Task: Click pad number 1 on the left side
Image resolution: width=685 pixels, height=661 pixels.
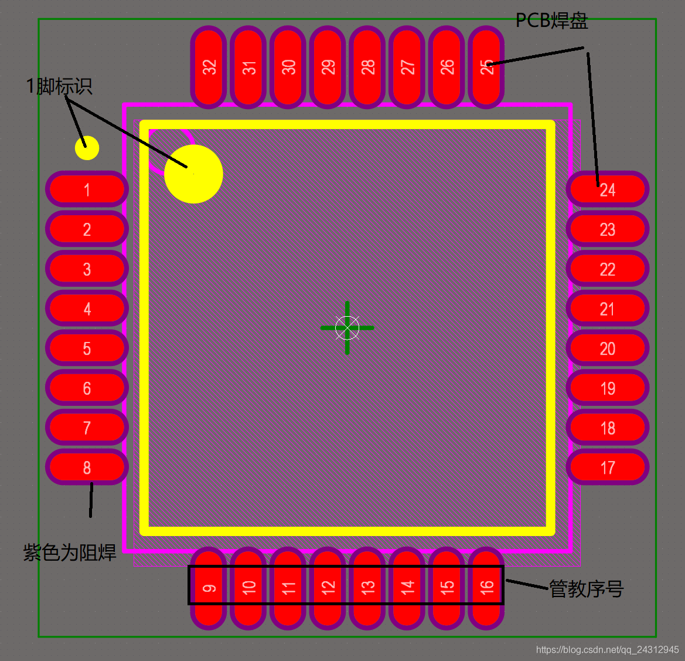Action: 87,189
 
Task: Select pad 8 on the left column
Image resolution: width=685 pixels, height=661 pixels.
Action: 87,467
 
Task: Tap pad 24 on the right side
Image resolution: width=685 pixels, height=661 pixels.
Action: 608,189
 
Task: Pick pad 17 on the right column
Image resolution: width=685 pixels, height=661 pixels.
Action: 608,467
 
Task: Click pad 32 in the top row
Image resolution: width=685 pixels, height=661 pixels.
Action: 209,67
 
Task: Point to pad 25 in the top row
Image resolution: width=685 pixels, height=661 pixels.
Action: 486,67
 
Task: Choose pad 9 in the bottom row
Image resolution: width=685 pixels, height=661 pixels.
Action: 209,588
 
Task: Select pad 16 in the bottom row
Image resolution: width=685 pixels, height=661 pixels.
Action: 486,588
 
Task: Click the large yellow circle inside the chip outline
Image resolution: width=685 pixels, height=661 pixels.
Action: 193,174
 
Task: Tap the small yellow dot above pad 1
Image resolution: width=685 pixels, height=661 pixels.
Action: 87,148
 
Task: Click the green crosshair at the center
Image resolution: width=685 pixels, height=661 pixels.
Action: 347,328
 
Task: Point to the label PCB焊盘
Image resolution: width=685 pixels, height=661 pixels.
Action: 551,21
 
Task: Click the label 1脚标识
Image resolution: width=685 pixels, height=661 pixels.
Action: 59,86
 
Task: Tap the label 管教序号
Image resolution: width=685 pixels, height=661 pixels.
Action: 586,588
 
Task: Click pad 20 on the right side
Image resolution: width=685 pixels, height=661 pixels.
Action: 608,348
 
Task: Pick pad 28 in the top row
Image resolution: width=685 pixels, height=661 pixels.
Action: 367,67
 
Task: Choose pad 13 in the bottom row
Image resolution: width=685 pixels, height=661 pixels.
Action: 367,588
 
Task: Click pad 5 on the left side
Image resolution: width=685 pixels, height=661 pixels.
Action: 87,348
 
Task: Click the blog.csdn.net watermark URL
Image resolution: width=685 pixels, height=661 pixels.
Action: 607,650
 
